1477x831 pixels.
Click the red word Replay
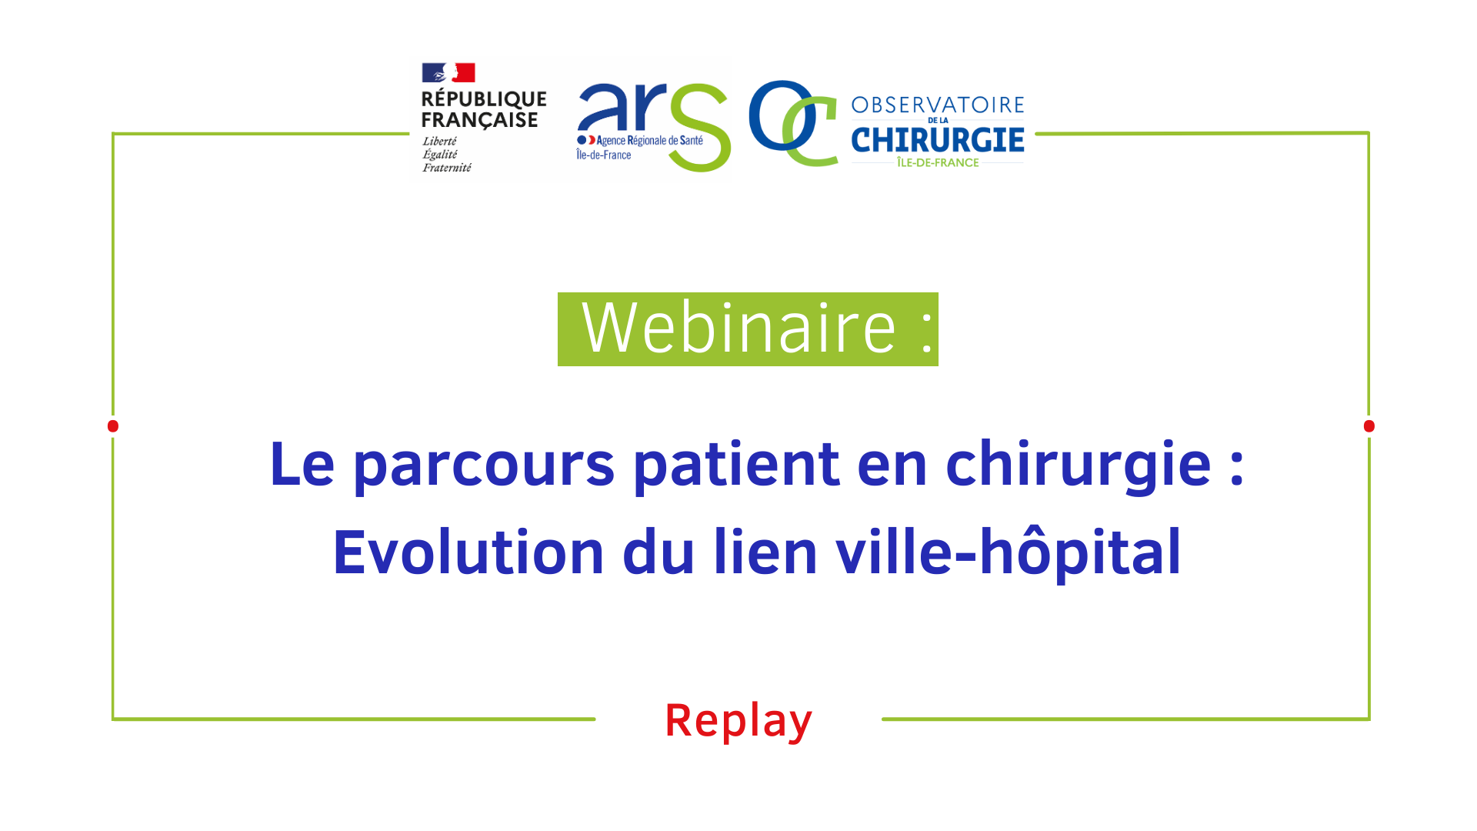point(738,721)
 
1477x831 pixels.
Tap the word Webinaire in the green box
point(739,329)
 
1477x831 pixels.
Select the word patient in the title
point(736,464)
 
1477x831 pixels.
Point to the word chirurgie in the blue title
point(1079,466)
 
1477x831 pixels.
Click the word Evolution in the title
point(468,552)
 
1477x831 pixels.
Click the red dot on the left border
point(113,426)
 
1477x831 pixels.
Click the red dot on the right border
point(1369,426)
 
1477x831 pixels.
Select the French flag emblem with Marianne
point(448,72)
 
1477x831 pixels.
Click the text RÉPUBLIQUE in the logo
point(484,99)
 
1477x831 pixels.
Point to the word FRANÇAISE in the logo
point(480,120)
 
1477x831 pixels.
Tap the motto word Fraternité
point(447,168)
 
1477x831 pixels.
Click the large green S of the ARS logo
point(699,127)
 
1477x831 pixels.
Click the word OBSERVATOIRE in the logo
point(938,105)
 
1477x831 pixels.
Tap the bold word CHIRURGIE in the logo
point(938,140)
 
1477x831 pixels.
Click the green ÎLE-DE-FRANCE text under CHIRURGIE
point(938,162)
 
